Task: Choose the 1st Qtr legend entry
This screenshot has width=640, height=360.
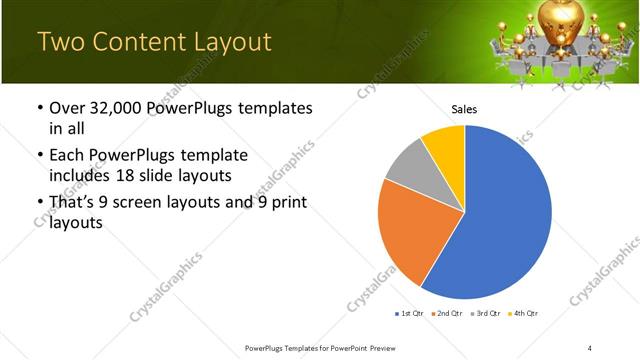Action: [410, 314]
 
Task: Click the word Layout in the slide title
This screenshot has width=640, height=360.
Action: [226, 42]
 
